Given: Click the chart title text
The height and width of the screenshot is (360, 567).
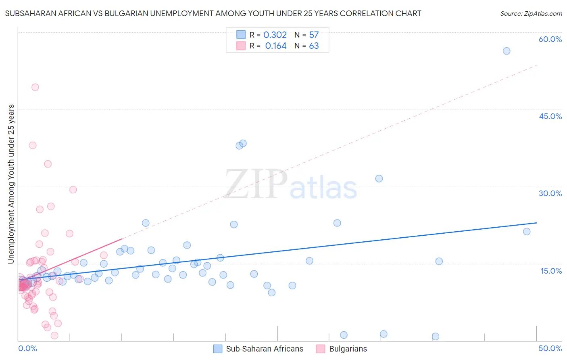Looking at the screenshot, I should (x=213, y=13).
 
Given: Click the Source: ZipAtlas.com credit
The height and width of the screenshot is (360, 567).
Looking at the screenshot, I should (x=531, y=13).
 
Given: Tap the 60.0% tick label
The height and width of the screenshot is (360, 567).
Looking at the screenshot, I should (x=550, y=39).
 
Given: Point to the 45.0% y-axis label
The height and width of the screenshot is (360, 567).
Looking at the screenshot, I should (x=550, y=116).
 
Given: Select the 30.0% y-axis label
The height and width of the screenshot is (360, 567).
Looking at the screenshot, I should (x=550, y=193).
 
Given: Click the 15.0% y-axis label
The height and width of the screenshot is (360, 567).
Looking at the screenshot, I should (x=551, y=270).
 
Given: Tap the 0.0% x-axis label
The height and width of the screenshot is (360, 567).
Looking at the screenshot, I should (x=27, y=348).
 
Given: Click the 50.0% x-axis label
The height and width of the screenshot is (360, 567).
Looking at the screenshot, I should (x=550, y=348).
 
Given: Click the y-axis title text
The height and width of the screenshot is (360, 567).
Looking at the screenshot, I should (x=11, y=184).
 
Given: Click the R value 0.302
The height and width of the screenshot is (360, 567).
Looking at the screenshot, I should (x=275, y=35).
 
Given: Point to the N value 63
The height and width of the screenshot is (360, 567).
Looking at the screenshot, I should (x=314, y=46).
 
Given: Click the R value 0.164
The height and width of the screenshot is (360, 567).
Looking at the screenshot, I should (x=276, y=46).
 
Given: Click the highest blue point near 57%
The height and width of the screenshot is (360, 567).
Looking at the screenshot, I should (x=507, y=51).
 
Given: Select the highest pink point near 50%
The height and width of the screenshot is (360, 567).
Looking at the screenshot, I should (x=35, y=87).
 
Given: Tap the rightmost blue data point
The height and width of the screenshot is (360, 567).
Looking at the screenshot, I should (x=527, y=232).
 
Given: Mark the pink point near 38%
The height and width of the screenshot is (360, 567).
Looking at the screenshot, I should (x=33, y=145).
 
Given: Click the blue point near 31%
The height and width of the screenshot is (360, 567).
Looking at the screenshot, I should (x=379, y=178).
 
